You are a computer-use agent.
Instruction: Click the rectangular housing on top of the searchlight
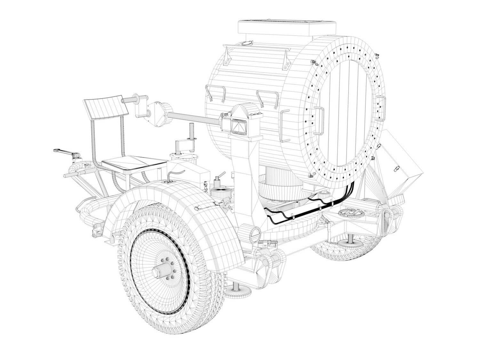click(287, 28)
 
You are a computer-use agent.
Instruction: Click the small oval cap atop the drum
click(247, 43)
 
